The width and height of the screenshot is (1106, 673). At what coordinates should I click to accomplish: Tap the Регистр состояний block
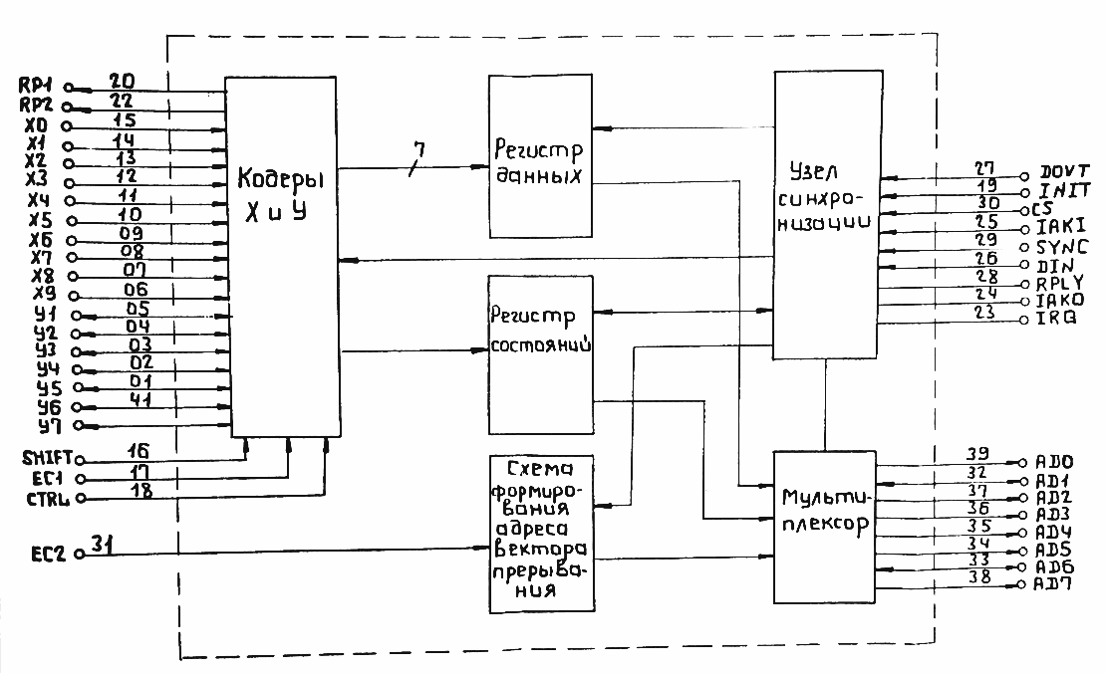tap(540, 353)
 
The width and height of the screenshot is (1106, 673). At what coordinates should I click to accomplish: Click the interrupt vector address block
tap(540, 533)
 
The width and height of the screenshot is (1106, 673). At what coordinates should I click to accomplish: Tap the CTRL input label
tap(47, 498)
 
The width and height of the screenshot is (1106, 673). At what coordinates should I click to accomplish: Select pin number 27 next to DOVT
tap(984, 168)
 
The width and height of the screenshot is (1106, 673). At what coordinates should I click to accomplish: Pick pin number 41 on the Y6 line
tap(138, 399)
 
